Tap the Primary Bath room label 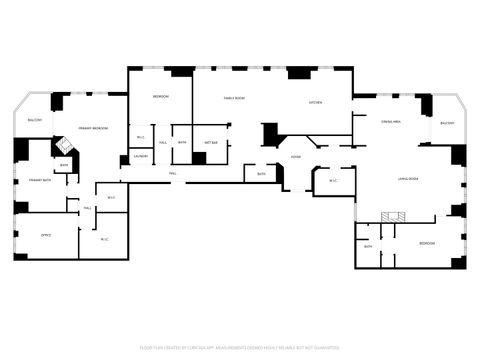(x=40, y=179)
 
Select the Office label (x=46, y=235)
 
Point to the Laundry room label (x=141, y=156)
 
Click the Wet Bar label (x=211, y=143)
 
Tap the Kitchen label (x=314, y=103)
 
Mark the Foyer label (x=296, y=157)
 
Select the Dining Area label (x=391, y=121)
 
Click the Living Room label (x=406, y=179)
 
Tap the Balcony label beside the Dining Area (x=447, y=123)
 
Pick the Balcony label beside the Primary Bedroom (x=35, y=119)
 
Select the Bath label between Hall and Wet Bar (x=182, y=143)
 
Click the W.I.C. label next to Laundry (x=141, y=137)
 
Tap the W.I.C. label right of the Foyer (x=334, y=181)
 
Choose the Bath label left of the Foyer (x=261, y=174)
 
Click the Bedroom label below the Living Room (x=427, y=244)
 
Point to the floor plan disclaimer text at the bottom (x=240, y=348)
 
